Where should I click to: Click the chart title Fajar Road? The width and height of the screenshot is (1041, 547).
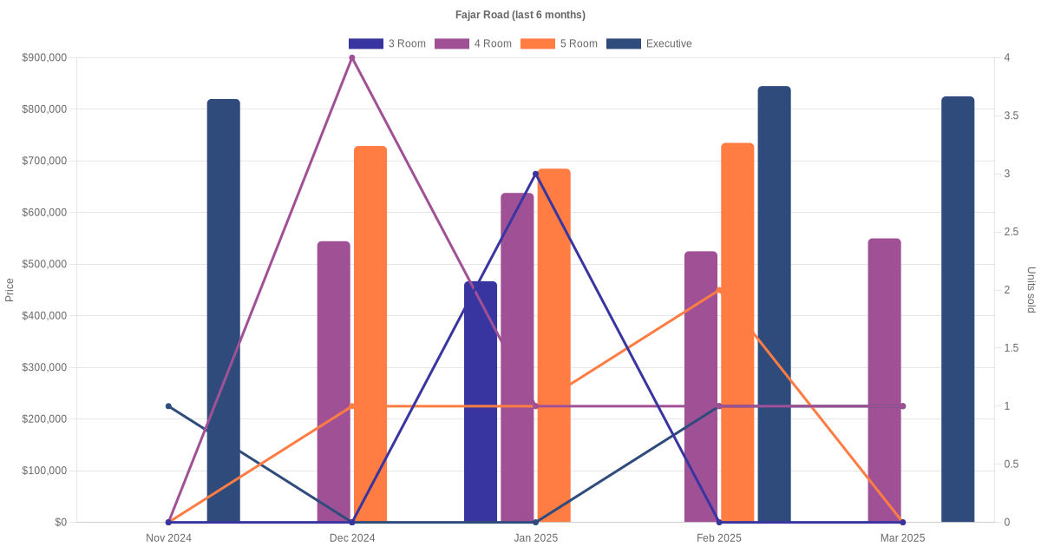[520, 15]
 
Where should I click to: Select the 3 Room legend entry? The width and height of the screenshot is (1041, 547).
[387, 43]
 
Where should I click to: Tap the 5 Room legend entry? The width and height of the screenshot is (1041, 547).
[559, 43]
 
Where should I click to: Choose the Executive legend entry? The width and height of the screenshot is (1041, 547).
[649, 43]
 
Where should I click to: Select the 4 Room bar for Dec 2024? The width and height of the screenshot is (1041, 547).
[333, 382]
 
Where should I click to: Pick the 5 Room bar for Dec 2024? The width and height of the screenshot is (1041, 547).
[370, 334]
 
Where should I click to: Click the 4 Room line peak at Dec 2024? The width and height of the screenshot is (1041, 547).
[352, 58]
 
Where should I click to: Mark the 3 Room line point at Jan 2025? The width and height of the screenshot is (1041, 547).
[536, 175]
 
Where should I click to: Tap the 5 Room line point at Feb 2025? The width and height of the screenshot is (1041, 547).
[719, 290]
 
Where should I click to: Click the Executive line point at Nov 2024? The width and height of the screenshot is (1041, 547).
[169, 406]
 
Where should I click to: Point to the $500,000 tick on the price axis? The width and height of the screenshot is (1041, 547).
[46, 264]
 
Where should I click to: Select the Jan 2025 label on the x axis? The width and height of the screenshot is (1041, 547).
[536, 538]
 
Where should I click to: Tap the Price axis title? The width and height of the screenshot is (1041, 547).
[10, 290]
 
